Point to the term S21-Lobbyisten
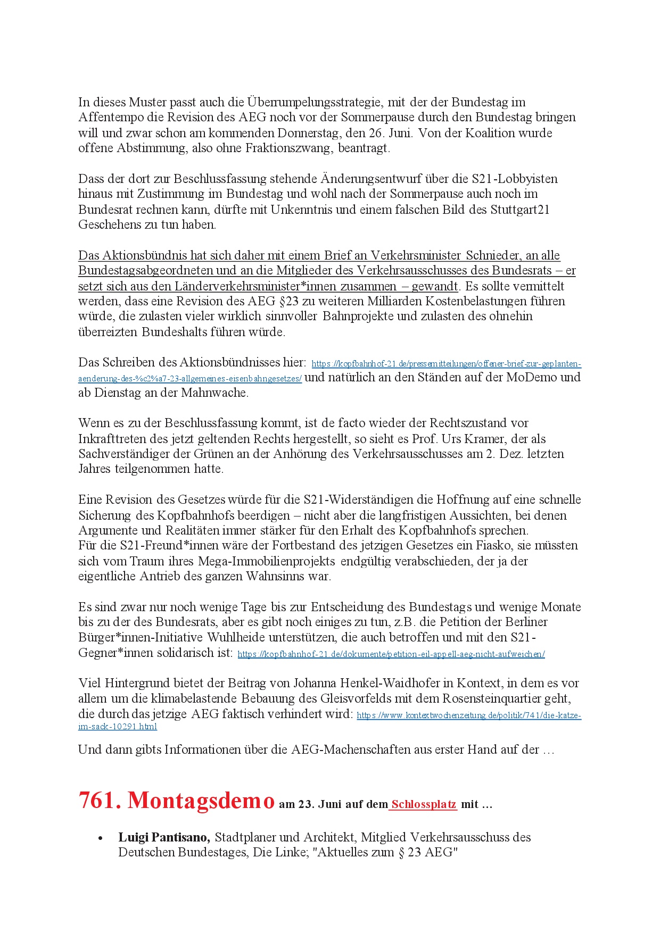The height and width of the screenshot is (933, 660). (x=515, y=179)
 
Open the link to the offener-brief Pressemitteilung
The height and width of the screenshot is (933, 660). (x=446, y=364)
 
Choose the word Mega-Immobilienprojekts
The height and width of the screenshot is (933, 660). (x=266, y=561)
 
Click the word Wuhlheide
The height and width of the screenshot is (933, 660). (x=236, y=637)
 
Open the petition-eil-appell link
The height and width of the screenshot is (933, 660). (x=391, y=654)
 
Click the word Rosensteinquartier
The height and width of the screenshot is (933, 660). (x=507, y=698)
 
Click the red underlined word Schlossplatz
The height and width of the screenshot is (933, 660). (x=424, y=804)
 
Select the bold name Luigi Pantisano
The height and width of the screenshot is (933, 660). (x=163, y=837)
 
